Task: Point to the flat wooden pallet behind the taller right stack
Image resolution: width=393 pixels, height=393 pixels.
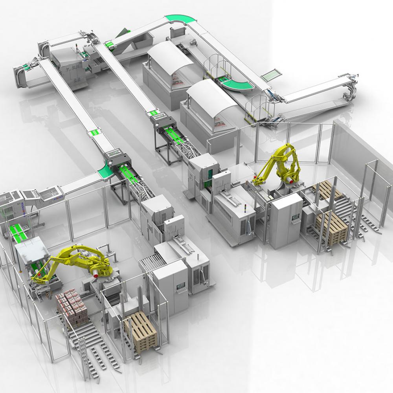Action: coord(328,191)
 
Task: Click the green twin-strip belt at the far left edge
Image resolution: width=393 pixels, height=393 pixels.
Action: coord(17,232)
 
